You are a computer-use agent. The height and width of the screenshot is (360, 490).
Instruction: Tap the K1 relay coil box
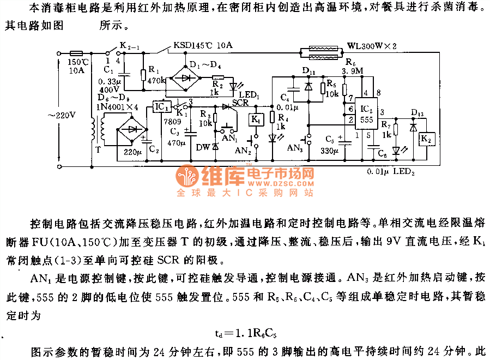(x=256, y=119)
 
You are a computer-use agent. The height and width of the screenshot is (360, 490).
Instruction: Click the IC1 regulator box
(x=161, y=107)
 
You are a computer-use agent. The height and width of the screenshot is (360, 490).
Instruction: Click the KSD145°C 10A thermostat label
(x=202, y=46)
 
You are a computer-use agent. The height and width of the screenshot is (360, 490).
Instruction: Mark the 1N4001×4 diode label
(x=116, y=106)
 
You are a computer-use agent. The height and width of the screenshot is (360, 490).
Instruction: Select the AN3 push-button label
(x=295, y=148)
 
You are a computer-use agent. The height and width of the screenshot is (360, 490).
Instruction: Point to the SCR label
(x=240, y=103)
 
